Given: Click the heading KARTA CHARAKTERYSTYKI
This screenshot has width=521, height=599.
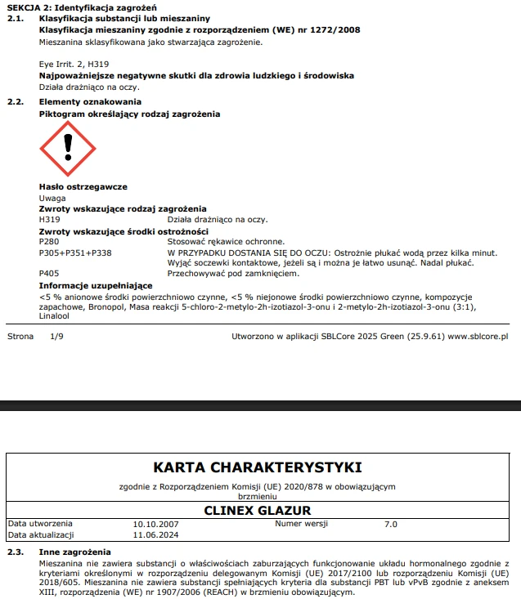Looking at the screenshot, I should tap(258, 467).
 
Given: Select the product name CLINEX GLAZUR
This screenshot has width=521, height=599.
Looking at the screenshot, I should tap(258, 511).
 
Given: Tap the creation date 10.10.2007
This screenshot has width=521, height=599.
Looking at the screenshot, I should tap(155, 524).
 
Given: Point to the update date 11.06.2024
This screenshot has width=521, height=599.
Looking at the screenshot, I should tap(155, 534).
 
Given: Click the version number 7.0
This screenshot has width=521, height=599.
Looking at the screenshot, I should tap(391, 524).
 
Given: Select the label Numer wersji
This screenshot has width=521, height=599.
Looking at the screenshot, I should tap(299, 523).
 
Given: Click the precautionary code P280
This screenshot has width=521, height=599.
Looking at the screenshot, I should tap(49, 242).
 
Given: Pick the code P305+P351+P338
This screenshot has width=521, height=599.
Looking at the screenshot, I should tap(75, 253).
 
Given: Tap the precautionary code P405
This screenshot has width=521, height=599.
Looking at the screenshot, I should tap(49, 273).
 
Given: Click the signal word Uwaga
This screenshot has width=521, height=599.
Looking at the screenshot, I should tap(52, 199).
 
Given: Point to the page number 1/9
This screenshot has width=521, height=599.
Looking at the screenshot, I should tap(56, 336).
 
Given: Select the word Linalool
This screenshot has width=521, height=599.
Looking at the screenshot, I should tap(55, 315).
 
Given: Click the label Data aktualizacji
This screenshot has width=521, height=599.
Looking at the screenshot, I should tap(41, 534).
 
